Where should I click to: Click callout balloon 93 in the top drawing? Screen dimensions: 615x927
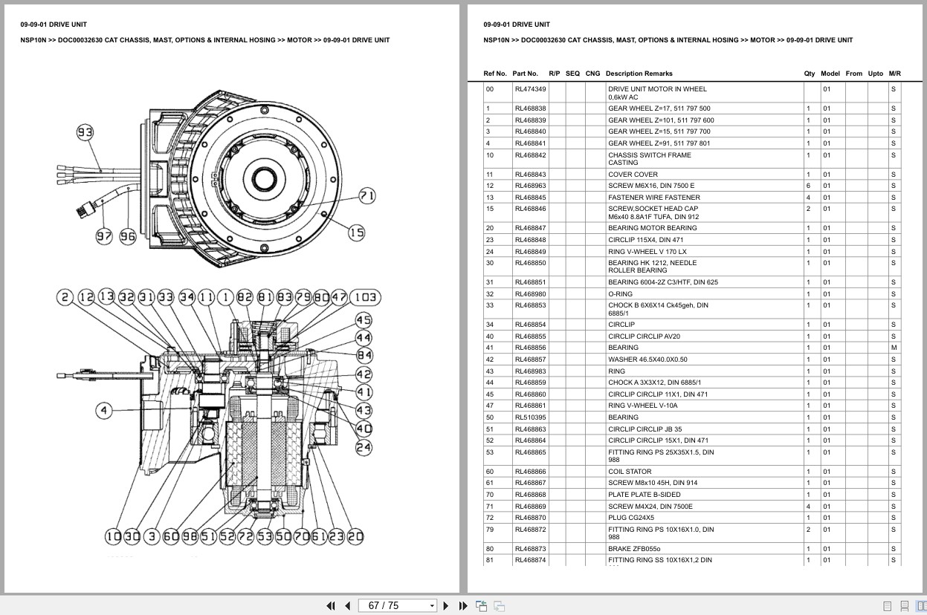coord(85,133)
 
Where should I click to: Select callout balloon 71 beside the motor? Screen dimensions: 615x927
coord(367,196)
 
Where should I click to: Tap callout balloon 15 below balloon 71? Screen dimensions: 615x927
coord(357,232)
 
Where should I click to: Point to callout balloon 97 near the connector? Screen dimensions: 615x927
coord(104,236)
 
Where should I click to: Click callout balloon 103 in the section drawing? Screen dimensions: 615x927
coord(365,298)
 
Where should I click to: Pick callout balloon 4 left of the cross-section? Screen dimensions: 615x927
coord(104,410)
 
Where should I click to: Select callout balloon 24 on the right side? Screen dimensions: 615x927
coord(364,447)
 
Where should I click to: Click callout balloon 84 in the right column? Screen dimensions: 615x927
coord(364,356)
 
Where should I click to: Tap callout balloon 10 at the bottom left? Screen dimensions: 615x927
coord(113,536)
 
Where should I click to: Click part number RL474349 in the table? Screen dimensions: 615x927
coord(530,89)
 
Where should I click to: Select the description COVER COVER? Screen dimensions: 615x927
coord(633,175)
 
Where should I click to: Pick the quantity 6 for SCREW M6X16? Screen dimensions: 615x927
coord(808,186)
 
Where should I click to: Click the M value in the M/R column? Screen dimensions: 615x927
coord(894,348)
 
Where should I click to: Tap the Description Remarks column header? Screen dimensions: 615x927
coord(639,74)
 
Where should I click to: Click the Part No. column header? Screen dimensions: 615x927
coord(525,74)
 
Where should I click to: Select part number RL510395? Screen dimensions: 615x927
coord(530,417)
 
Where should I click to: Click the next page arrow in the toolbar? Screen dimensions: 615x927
coord(446,605)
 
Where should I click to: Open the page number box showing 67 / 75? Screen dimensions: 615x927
coord(397,605)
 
